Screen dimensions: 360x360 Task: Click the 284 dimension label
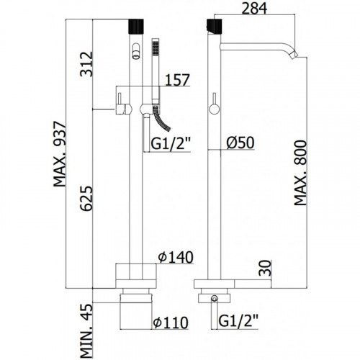[254, 8]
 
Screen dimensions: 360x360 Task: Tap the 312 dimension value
[86, 64]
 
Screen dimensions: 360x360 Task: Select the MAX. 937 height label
[59, 154]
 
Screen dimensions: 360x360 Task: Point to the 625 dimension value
[86, 198]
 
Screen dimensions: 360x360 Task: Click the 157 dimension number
[178, 80]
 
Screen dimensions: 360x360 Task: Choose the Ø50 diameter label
[240, 143]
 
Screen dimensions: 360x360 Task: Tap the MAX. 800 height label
[300, 173]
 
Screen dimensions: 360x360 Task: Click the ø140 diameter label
[176, 257]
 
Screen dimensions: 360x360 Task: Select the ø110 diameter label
[171, 323]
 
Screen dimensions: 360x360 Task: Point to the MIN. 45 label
[86, 331]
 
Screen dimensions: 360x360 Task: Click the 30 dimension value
[265, 268]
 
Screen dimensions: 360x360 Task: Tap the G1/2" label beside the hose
[171, 143]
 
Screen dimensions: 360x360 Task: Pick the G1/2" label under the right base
[238, 320]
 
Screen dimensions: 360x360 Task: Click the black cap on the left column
[136, 26]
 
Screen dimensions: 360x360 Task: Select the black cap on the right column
[214, 26]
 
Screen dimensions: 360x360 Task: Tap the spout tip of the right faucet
[295, 55]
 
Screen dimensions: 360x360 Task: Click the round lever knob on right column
[215, 109]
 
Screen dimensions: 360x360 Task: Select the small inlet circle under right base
[214, 298]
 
